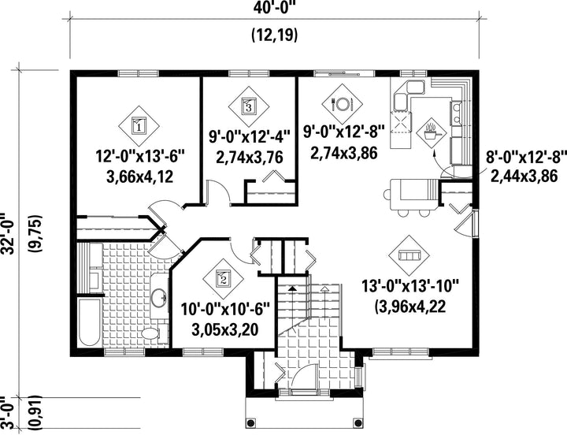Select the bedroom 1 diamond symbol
coord(139,126)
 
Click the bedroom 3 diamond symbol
coord(249,106)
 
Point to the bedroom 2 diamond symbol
coord(223,279)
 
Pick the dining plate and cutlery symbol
coord(342,104)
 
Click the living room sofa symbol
coord(409,255)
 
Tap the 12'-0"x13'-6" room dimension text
coord(140,157)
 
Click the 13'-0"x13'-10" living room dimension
coord(410,286)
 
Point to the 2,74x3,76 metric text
coord(250,158)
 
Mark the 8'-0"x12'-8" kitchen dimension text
coord(525,158)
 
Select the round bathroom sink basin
coord(159,297)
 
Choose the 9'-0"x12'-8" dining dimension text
coord(343,132)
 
